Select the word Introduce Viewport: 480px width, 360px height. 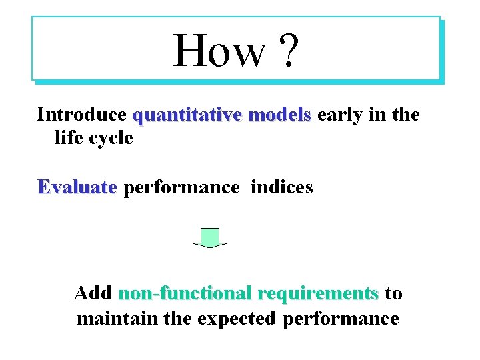(x=81, y=115)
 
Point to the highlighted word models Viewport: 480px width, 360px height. (x=279, y=115)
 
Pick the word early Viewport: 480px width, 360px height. (x=339, y=115)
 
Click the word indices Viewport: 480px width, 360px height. (x=281, y=187)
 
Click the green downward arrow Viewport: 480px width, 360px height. (x=210, y=238)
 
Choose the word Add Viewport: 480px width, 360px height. (x=93, y=293)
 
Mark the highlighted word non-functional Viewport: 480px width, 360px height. (x=185, y=293)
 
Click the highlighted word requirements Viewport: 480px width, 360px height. (x=317, y=294)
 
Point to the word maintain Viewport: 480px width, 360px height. (x=117, y=318)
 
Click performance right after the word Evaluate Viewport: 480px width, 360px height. (x=181, y=188)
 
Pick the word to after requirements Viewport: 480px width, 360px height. (x=393, y=293)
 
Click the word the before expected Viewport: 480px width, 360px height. (x=178, y=318)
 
